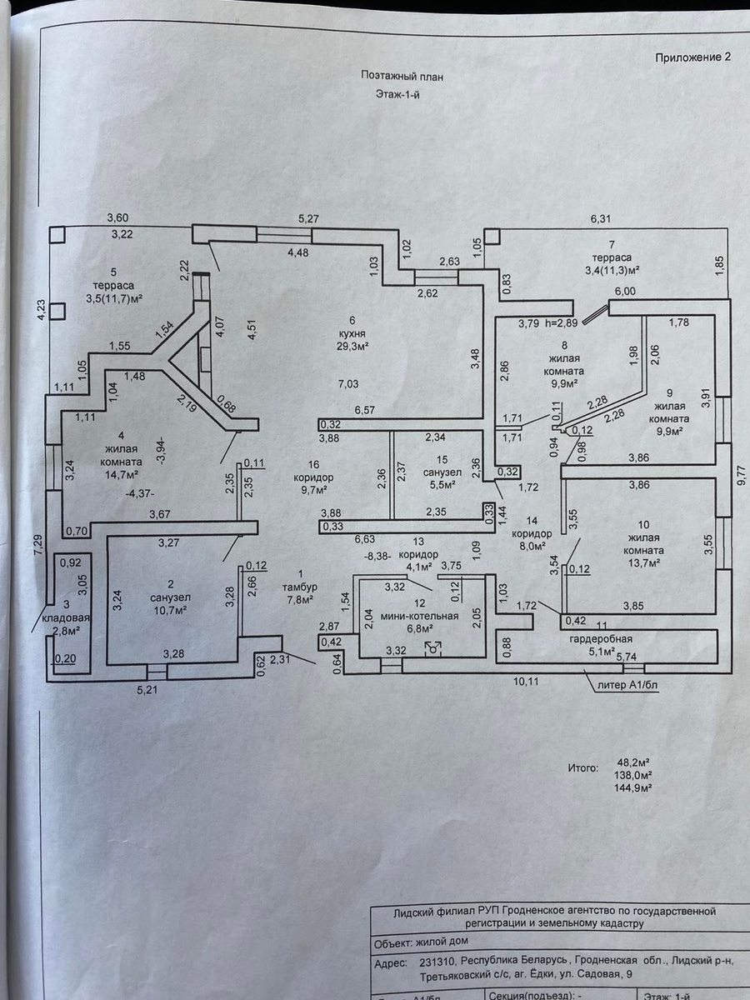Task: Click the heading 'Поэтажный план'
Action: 402,75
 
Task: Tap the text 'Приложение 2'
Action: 692,57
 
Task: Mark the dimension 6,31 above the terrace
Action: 600,219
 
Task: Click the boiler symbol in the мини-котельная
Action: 433,647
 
